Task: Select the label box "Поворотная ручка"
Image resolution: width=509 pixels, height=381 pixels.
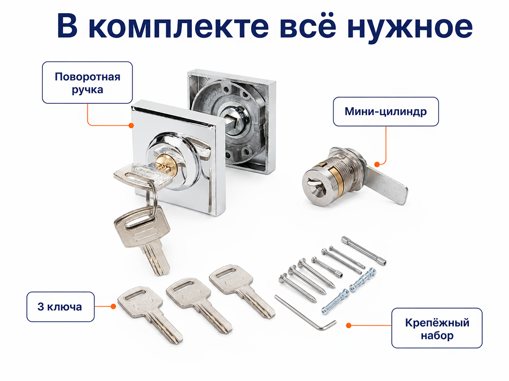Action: pyautogui.click(x=87, y=83)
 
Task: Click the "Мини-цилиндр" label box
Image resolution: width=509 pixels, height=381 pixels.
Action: pyautogui.click(x=386, y=111)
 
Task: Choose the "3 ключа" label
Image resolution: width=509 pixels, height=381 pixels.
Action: pyautogui.click(x=60, y=307)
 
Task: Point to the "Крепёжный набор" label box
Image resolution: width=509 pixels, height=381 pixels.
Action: pyautogui.click(x=437, y=328)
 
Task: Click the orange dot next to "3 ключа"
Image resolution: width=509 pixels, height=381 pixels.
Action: pyautogui.click(x=113, y=306)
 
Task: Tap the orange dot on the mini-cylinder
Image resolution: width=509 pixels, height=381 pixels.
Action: pyautogui.click(x=377, y=165)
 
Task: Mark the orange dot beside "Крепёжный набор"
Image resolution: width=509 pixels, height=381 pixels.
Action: pyautogui.click(x=349, y=326)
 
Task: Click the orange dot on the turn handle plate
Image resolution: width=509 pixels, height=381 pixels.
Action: pyautogui.click(x=131, y=126)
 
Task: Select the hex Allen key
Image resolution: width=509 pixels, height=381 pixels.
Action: pyautogui.click(x=306, y=313)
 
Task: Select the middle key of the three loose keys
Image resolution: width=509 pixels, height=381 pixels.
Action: pyautogui.click(x=199, y=305)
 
